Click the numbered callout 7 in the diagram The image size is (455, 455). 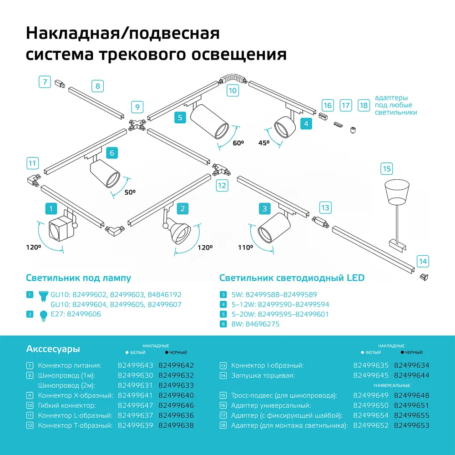tap(45, 82)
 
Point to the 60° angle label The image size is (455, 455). tap(238, 143)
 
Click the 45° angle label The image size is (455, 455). tap(264, 143)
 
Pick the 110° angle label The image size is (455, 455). tap(245, 248)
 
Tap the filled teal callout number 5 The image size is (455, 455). tap(180, 117)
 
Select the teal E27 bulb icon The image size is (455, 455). tap(44, 315)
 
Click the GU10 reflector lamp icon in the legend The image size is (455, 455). tap(44, 296)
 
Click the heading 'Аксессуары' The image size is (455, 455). tap(53, 349)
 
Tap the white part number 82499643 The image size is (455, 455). tap(136, 365)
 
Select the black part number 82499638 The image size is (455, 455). tap(176, 425)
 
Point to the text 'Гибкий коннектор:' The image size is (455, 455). tap(67, 405)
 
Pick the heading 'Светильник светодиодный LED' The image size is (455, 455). tap(292, 278)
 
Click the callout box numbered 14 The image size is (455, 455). tap(423, 261)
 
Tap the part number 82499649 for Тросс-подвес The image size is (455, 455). tap(371, 395)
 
